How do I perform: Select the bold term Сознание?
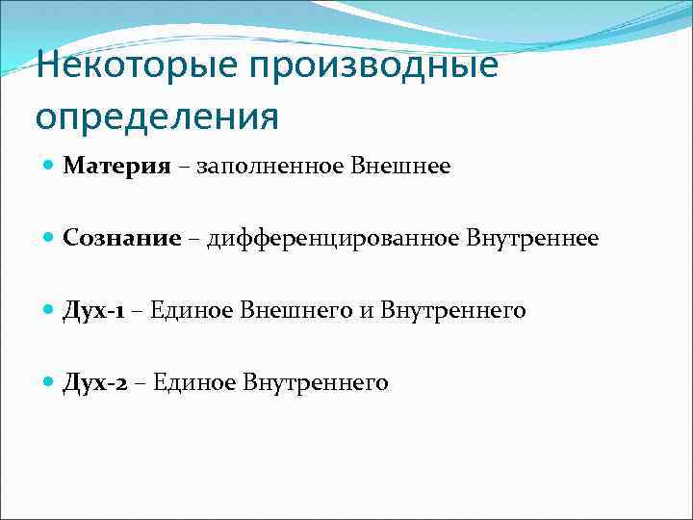click(x=122, y=238)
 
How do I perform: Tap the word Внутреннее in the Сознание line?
click(x=532, y=238)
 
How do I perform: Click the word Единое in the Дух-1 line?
click(x=184, y=310)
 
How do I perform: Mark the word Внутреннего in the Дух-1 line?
click(x=452, y=310)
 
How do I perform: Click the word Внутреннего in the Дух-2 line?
click(x=316, y=382)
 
